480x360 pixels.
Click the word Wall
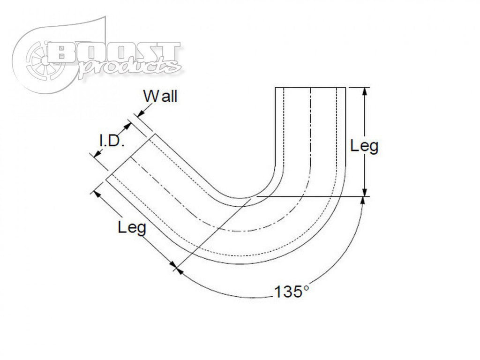(x=161, y=97)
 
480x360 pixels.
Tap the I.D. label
(x=111, y=142)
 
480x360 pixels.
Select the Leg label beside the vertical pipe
(x=364, y=146)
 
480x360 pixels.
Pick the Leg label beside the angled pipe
(x=132, y=228)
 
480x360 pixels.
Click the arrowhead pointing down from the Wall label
(x=139, y=114)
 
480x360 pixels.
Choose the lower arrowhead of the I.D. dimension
(x=96, y=155)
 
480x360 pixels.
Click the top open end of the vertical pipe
(x=310, y=88)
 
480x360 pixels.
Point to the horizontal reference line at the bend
(x=309, y=196)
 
